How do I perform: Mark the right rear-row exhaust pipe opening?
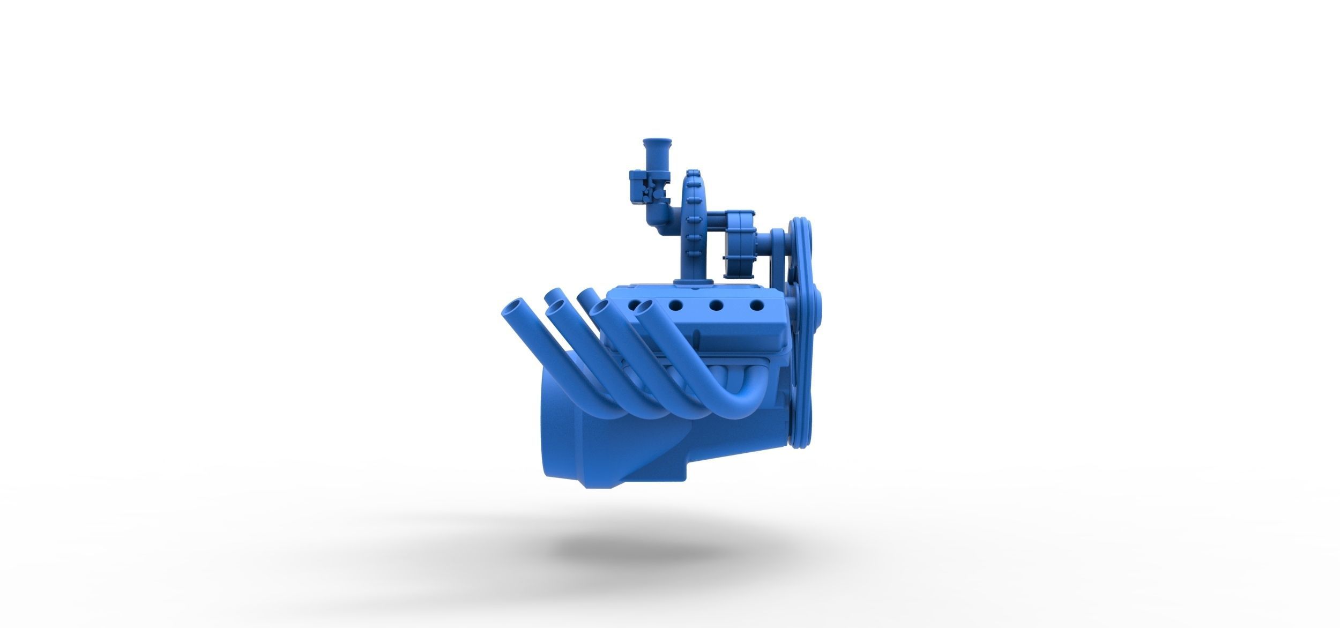586,294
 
